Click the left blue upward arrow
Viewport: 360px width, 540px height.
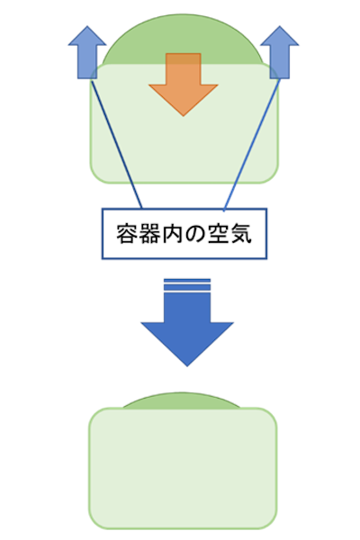87,52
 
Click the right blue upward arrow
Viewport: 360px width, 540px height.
279,52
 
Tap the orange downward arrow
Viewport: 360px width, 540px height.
184,85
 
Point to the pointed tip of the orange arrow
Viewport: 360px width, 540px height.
184,116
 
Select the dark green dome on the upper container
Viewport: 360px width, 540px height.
184,39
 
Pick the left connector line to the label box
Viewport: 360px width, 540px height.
116,144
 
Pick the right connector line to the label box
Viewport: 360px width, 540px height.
251,145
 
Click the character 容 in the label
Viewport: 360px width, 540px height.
127,234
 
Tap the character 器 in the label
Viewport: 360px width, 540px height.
149,234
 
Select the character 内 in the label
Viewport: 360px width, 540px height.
172,234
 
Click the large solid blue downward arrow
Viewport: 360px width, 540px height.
187,328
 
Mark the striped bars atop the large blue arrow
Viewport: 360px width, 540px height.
187,285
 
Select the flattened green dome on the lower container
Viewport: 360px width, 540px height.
182,400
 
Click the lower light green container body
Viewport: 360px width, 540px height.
183,468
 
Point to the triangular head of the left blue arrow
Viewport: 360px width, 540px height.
87,36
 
